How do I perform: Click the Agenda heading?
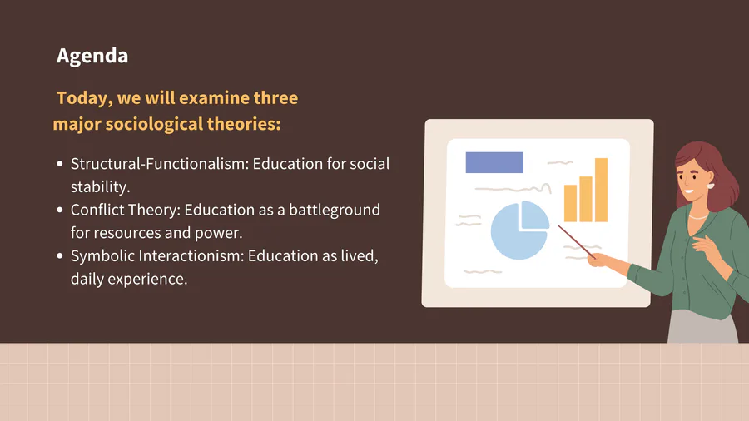[92, 57]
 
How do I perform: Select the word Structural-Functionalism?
[160, 164]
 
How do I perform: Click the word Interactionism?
[191, 256]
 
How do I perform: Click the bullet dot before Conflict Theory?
[60, 210]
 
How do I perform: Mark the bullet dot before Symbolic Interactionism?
[60, 256]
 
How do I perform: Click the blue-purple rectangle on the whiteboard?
[494, 162]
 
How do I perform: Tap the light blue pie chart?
[519, 230]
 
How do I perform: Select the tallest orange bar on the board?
[601, 190]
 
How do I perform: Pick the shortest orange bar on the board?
[570, 203]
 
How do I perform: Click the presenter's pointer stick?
[577, 242]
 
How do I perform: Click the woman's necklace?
[698, 217]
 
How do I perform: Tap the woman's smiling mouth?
[688, 192]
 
